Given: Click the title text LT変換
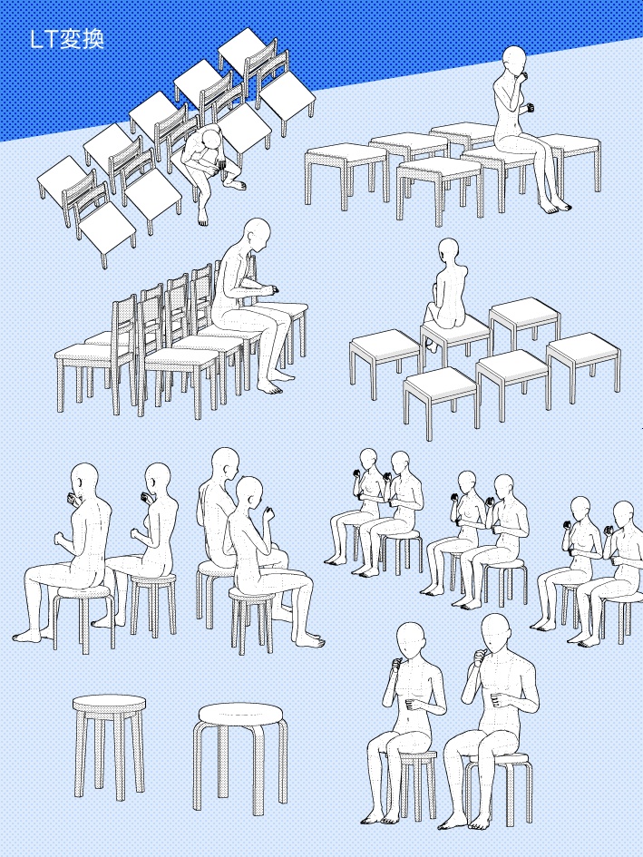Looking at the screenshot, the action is pyautogui.click(x=67, y=39).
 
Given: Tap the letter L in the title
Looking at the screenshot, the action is pyautogui.click(x=36, y=40).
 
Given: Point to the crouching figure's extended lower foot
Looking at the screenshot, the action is pyautogui.click(x=202, y=218).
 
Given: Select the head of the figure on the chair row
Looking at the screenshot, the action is pyautogui.click(x=257, y=234).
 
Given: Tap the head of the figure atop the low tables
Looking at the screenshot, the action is pyautogui.click(x=514, y=62).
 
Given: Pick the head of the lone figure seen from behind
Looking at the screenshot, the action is pyautogui.click(x=448, y=252).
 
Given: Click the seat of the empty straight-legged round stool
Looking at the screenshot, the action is pyautogui.click(x=110, y=703).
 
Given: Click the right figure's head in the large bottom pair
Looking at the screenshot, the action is pyautogui.click(x=496, y=632).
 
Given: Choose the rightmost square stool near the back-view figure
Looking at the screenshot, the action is pyautogui.click(x=583, y=360).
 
